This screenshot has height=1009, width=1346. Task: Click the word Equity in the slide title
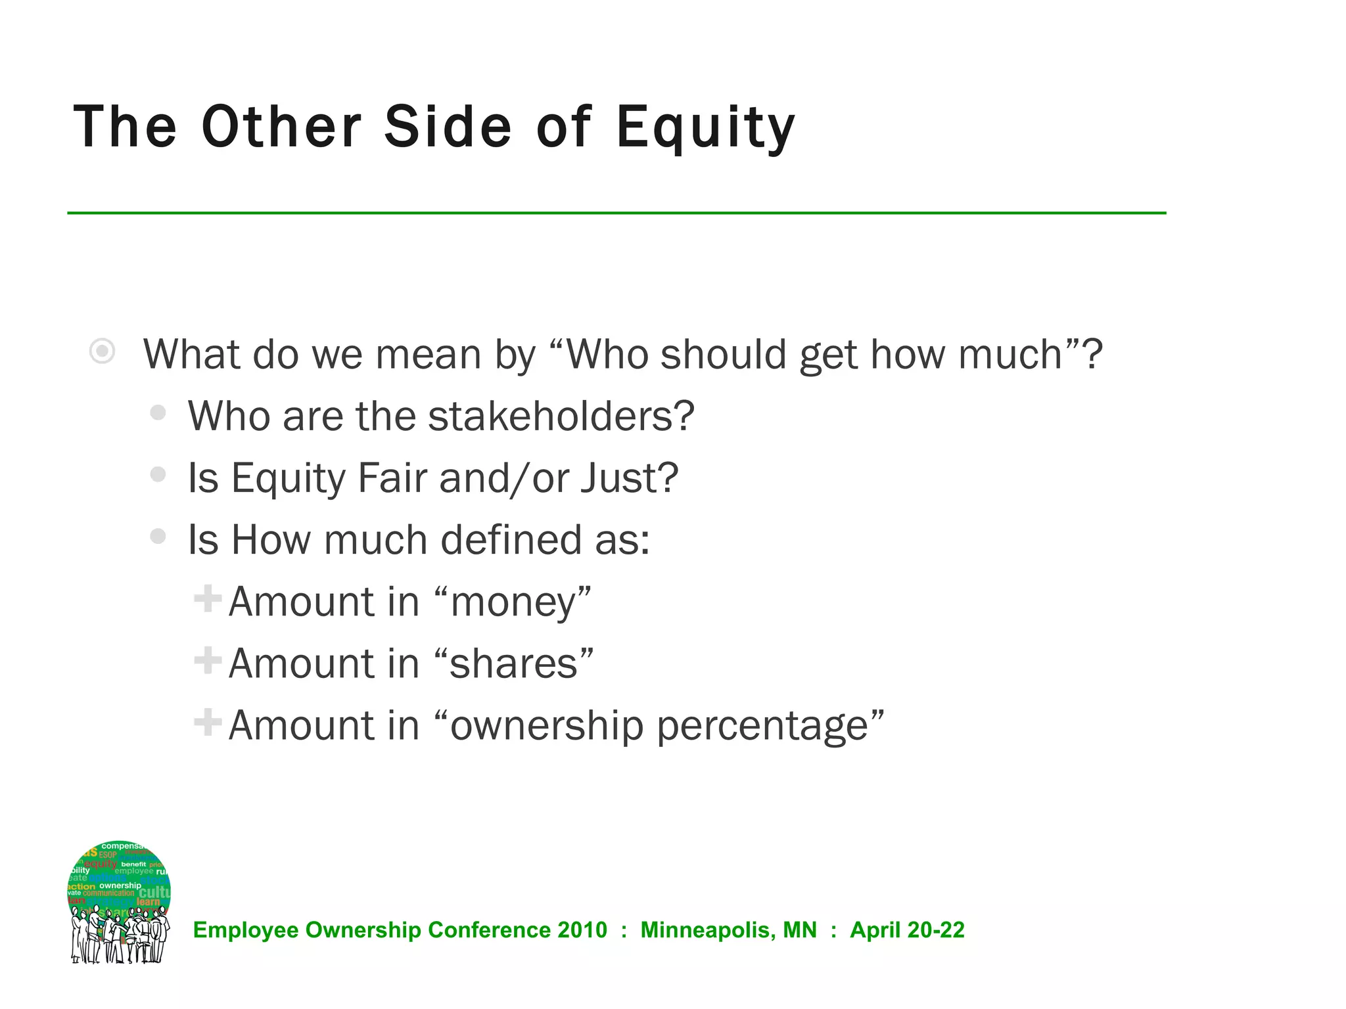705,128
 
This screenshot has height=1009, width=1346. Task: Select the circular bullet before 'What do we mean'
103,351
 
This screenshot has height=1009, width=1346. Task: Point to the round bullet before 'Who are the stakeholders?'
158,413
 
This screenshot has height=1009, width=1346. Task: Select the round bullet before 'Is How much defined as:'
158,536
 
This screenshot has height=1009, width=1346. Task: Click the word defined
511,539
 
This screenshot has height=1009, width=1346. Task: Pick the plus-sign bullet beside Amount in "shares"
208,661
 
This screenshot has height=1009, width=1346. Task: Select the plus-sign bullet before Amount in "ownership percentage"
208,722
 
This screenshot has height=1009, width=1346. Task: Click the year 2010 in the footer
582,930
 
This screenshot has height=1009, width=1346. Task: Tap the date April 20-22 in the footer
907,930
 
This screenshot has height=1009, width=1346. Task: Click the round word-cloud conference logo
119,902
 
